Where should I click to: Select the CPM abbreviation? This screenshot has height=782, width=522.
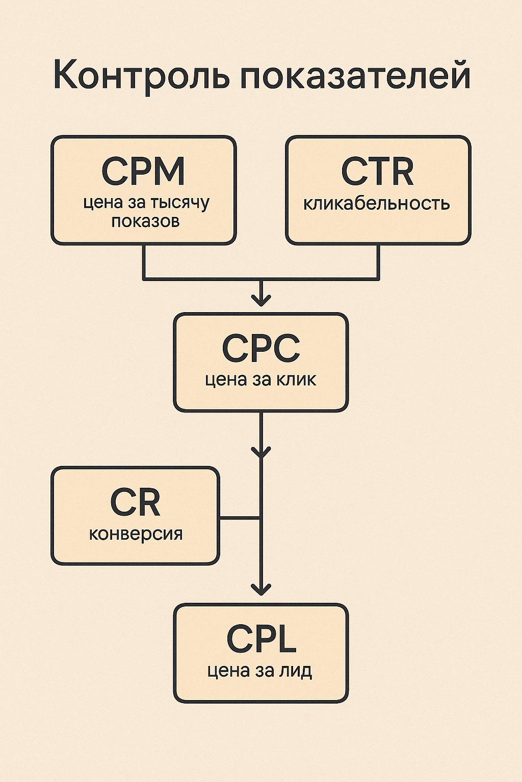point(143,171)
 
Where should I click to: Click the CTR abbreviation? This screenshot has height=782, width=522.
point(377,172)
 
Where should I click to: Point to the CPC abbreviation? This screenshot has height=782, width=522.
point(260,349)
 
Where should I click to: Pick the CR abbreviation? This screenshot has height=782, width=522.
point(135,502)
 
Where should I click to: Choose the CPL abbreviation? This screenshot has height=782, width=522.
point(261,639)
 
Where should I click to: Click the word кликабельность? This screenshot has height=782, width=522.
point(377,204)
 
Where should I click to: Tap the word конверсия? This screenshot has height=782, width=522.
point(136,534)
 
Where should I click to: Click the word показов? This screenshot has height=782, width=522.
point(145,221)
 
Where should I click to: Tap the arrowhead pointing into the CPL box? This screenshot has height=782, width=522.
point(261,590)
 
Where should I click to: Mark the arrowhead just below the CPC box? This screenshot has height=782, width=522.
point(261,451)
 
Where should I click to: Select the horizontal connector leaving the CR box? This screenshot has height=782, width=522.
point(240,518)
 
